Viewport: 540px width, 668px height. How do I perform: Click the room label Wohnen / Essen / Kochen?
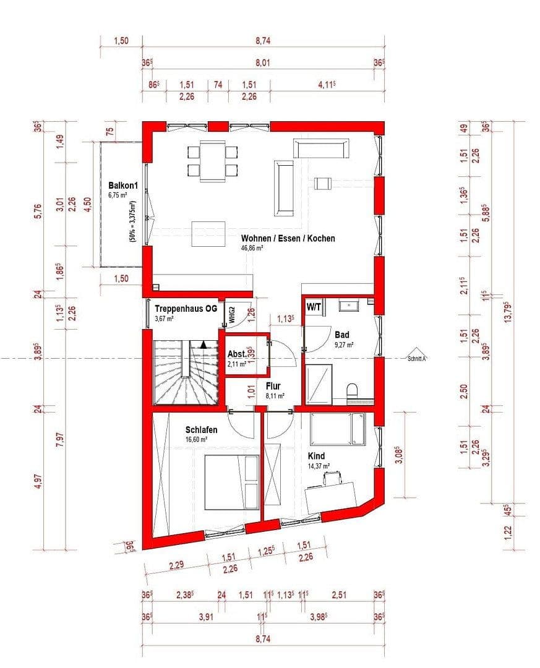click(x=288, y=238)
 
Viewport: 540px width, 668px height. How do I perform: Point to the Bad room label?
click(x=342, y=334)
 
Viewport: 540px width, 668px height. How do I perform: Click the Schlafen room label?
click(x=201, y=429)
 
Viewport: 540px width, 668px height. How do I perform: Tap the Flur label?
click(x=273, y=386)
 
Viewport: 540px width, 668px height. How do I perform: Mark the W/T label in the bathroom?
click(x=312, y=306)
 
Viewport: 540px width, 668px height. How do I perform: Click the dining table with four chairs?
click(x=212, y=161)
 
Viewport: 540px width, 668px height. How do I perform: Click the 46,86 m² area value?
click(x=252, y=248)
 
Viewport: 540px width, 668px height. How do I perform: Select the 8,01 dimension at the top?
click(x=263, y=62)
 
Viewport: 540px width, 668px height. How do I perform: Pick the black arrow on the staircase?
click(x=204, y=345)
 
